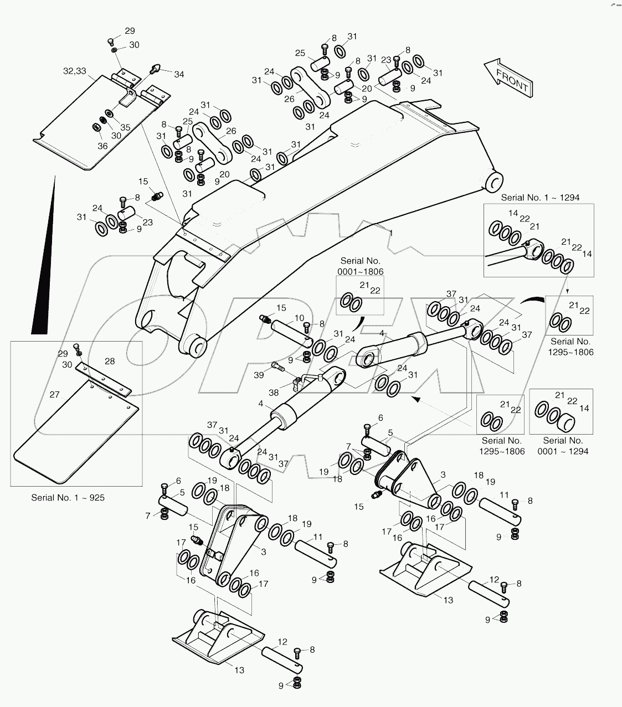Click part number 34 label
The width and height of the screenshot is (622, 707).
[x=164, y=74]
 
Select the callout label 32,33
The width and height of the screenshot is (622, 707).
[x=74, y=71]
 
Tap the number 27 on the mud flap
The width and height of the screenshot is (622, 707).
[x=54, y=395]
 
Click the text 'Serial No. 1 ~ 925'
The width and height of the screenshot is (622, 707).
[x=68, y=497]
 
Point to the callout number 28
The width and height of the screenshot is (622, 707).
[x=110, y=361]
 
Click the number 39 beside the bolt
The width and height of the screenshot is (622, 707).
[x=259, y=375]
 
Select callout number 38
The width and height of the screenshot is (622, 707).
[x=274, y=393]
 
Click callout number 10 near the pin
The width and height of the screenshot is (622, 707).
[x=299, y=318]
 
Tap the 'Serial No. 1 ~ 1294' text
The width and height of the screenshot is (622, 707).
[x=540, y=197]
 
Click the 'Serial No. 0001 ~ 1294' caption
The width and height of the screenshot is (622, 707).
[x=563, y=446]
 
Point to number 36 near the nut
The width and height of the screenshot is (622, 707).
[x=102, y=146]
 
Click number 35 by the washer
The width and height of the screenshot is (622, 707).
[x=125, y=127]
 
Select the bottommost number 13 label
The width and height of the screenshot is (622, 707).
[x=239, y=670]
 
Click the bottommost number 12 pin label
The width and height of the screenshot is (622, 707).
[x=282, y=642]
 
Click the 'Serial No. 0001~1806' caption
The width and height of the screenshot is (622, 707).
[x=360, y=266]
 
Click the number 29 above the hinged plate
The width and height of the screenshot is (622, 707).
[x=129, y=31]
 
